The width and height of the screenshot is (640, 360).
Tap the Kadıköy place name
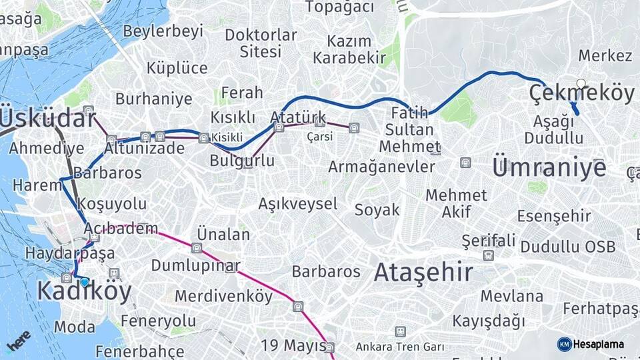[84, 291]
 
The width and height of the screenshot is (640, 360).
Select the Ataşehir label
[423, 272]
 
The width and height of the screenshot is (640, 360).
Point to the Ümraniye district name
[549, 167]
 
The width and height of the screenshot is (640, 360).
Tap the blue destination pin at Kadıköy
[84, 282]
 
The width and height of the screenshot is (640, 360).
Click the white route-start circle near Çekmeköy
[581, 84]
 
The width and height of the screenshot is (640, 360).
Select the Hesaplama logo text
[598, 344]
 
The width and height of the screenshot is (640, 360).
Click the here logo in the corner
[19, 341]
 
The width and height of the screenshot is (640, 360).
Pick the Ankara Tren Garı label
[399, 347]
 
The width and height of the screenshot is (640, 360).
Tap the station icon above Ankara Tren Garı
[399, 331]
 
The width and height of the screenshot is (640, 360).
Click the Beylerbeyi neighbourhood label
[163, 31]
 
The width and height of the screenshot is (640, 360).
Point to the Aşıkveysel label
[298, 203]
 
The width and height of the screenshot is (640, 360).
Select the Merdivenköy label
[224, 295]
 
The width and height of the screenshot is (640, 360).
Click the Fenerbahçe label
[139, 351]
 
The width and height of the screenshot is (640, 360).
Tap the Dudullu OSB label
[568, 247]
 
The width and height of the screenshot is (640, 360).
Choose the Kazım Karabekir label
[349, 49]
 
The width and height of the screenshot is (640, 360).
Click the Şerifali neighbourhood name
[489, 240]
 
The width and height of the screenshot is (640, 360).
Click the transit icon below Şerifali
[489, 255]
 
